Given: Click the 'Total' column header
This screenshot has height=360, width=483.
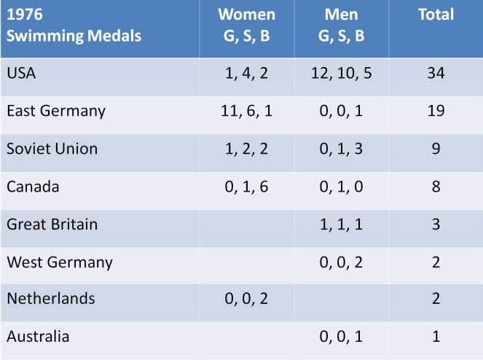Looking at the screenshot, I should (436, 15).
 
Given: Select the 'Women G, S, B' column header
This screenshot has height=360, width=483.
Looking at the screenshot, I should (248, 26).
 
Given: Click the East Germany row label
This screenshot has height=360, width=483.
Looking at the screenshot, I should (55, 111).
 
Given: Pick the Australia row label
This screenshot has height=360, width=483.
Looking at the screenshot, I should (38, 337).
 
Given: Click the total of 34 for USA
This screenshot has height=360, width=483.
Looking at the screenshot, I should (436, 74).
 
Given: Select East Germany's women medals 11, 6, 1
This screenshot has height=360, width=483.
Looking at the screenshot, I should (248, 111).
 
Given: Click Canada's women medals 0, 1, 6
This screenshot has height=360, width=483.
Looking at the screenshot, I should (248, 187).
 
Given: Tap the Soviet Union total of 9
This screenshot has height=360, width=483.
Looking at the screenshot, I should (436, 149).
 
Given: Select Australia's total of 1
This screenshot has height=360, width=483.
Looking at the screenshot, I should (436, 337).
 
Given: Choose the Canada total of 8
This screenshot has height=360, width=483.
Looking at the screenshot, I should (436, 187).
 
